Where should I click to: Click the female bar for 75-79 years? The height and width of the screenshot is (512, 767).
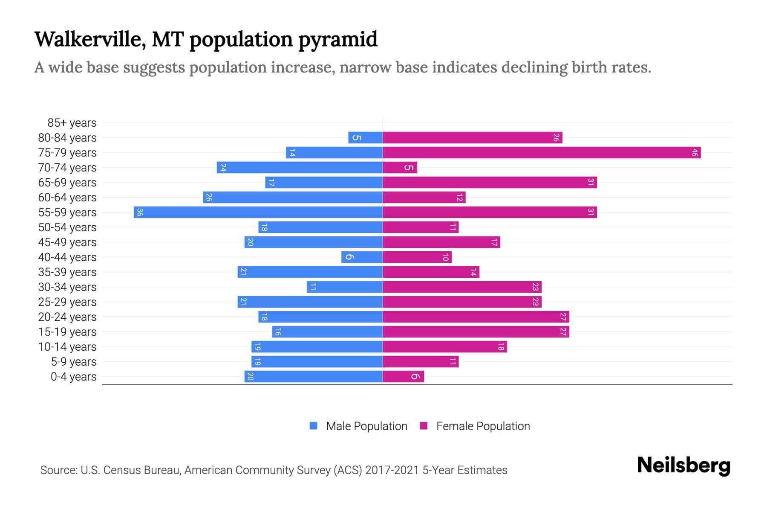click(541, 152)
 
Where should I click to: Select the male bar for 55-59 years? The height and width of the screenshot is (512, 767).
click(258, 212)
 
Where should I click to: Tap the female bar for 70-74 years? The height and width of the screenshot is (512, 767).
click(400, 167)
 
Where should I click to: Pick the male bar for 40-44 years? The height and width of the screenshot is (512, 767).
click(362, 257)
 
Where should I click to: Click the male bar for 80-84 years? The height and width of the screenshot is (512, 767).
click(365, 137)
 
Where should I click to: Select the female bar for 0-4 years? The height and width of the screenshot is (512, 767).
click(403, 376)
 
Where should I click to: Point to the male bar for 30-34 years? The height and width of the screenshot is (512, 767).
click(344, 287)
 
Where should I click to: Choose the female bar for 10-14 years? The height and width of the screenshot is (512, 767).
click(444, 346)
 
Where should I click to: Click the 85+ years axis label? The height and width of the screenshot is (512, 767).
click(72, 123)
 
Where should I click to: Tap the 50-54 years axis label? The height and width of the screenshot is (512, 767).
click(67, 227)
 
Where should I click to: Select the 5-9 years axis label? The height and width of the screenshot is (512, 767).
click(73, 362)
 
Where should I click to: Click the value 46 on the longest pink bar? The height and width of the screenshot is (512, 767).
click(694, 152)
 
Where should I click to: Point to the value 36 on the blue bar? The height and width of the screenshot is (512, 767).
click(140, 212)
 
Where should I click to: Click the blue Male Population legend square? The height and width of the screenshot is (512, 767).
click(314, 426)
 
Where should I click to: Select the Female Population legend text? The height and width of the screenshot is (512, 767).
click(483, 426)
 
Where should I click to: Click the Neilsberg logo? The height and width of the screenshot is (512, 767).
click(683, 465)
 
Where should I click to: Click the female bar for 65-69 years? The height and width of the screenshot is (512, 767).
click(490, 182)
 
